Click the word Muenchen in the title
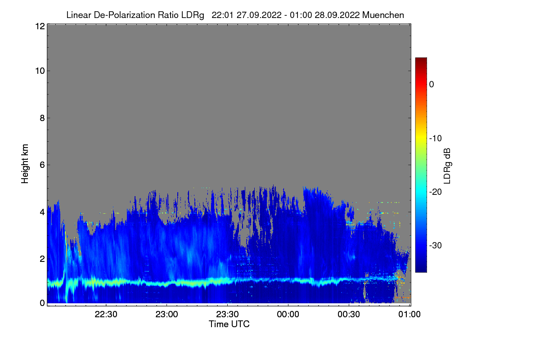point(383,15)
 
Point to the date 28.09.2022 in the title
point(337,15)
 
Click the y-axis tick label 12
point(39,27)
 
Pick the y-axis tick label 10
point(39,71)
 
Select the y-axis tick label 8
point(42,118)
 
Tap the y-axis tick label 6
point(42,165)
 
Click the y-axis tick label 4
point(42,212)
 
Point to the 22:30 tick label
point(106,315)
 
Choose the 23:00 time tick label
point(167,315)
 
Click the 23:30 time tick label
point(228,315)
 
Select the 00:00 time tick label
point(288,315)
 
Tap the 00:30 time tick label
point(349,315)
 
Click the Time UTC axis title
point(229,324)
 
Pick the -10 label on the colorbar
point(436,138)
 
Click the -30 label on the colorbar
point(436,246)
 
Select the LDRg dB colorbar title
point(447,166)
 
